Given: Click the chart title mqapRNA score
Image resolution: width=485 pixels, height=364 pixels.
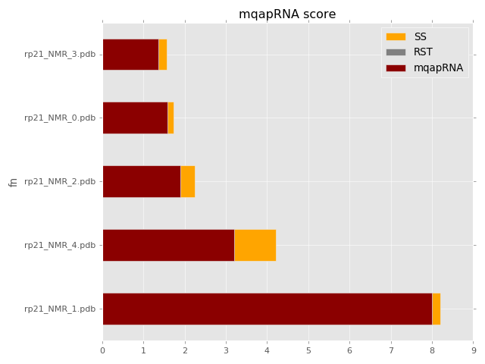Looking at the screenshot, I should click(287, 14).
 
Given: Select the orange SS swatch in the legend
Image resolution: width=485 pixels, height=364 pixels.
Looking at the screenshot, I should click(396, 36).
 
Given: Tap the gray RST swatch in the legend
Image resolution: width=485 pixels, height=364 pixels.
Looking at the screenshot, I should click(396, 52).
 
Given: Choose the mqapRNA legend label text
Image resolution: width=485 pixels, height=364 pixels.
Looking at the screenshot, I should click(438, 68).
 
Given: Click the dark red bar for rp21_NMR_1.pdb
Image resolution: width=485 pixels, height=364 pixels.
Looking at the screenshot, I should click(267, 309).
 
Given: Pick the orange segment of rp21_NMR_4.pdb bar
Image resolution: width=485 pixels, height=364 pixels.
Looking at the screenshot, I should click(255, 245).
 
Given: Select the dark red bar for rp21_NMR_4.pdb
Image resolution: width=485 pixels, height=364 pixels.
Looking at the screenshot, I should click(168, 245).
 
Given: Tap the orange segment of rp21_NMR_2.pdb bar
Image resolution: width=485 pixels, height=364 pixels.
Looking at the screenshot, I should click(187, 181).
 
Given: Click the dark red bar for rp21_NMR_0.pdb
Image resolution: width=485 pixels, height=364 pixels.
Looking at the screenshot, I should click(135, 118).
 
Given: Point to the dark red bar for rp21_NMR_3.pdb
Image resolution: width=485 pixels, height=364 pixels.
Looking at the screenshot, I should click(130, 55).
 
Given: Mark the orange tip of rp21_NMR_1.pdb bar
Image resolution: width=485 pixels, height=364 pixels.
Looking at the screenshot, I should click(436, 309).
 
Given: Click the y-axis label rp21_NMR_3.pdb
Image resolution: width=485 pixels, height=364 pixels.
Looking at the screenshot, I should click(60, 55).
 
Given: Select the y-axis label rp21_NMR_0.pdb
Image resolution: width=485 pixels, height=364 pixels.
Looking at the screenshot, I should click(60, 118).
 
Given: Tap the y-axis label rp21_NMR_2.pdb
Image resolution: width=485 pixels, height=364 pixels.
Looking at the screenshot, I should click(60, 181).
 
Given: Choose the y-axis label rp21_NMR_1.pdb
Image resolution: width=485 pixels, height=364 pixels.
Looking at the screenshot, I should click(60, 309).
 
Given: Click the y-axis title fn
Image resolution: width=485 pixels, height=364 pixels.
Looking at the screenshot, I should click(13, 182).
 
